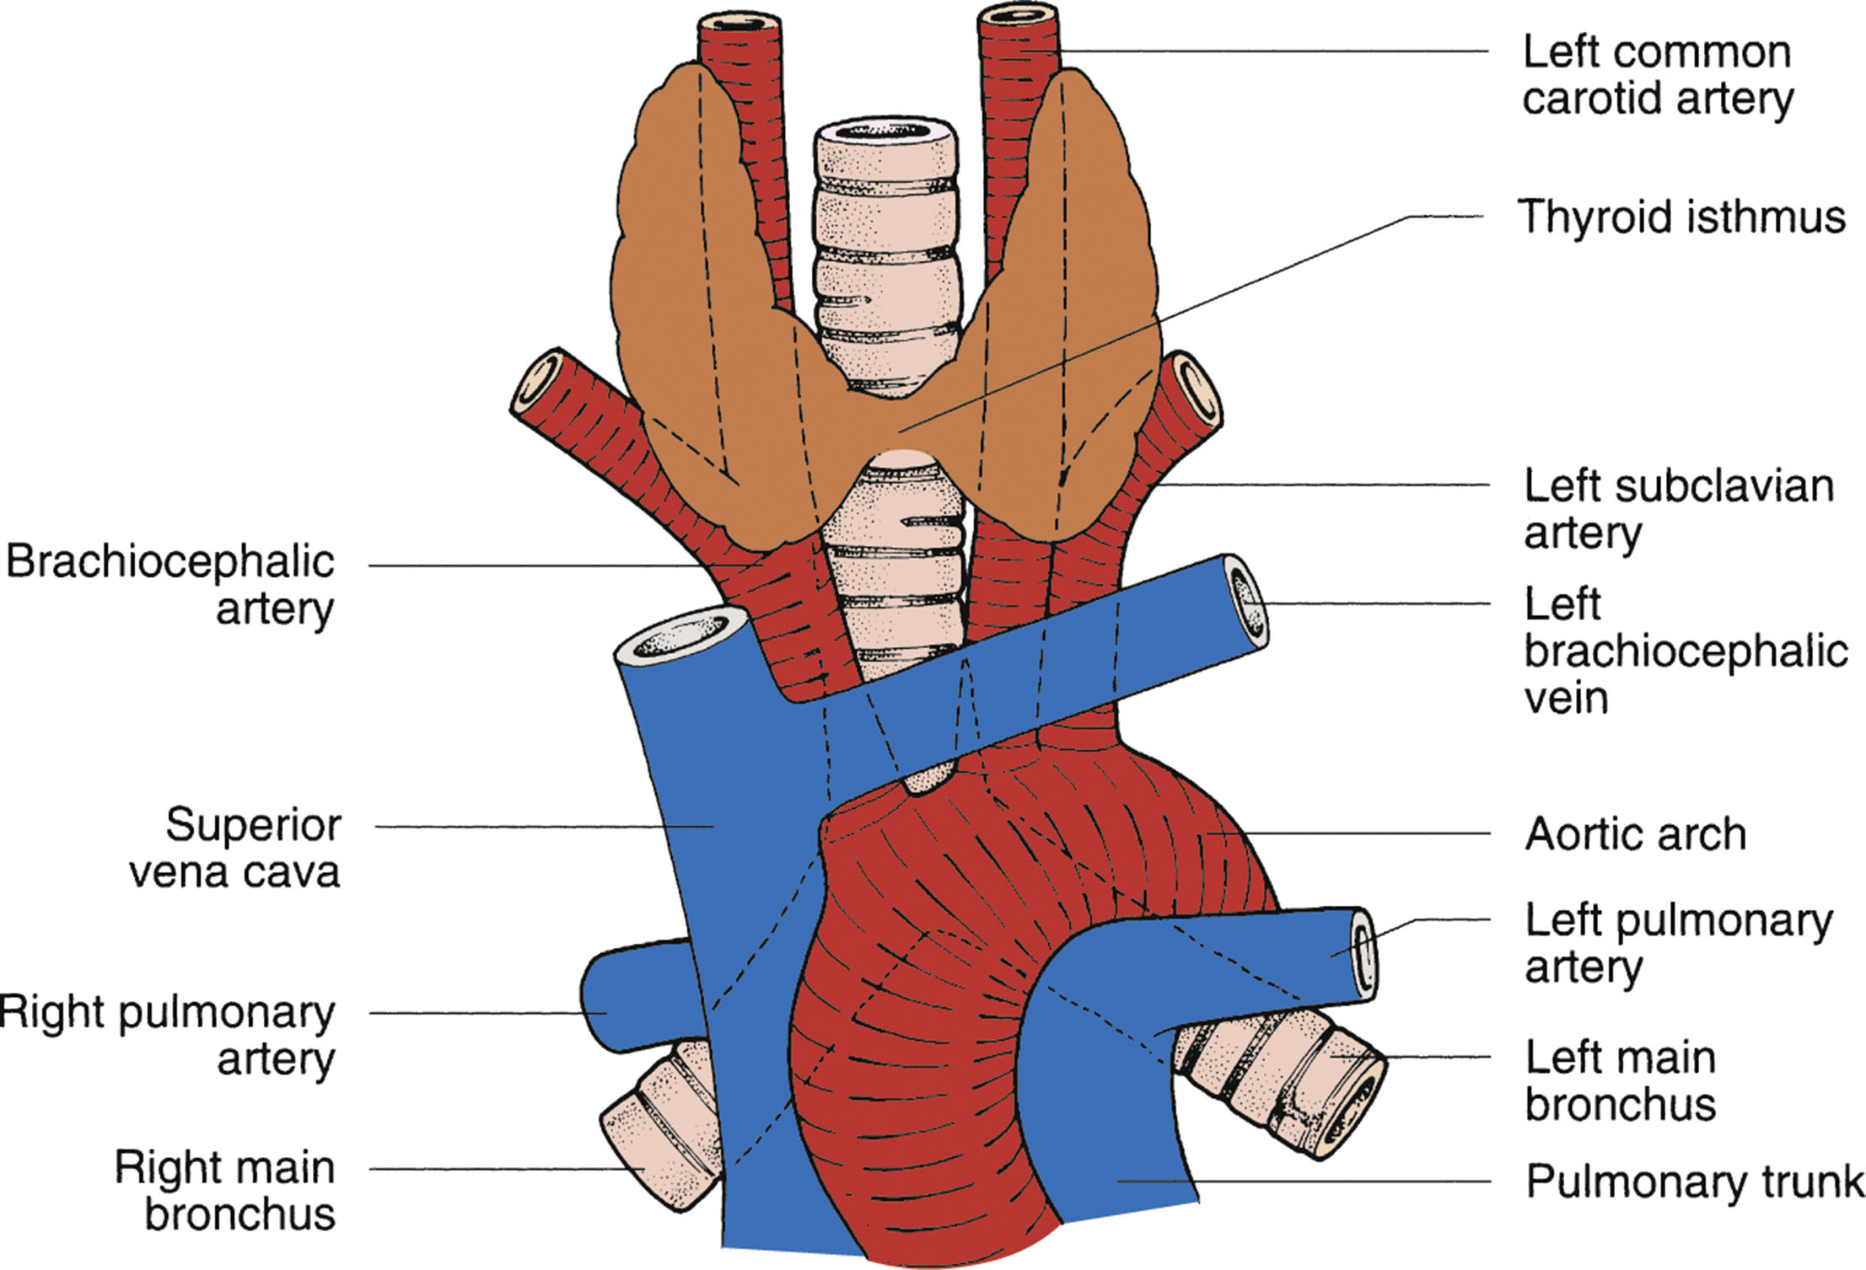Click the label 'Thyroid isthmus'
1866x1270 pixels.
(x=1680, y=217)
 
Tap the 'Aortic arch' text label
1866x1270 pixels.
(x=1635, y=834)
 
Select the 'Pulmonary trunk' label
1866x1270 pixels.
(x=1694, y=1182)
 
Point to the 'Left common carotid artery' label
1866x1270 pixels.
(x=1657, y=75)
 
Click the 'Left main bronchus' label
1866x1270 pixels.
(x=1620, y=1080)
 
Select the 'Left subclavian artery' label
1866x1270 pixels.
(x=1677, y=508)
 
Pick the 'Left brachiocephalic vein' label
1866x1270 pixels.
(x=1685, y=651)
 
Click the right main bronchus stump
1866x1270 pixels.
(x=662, y=1125)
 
